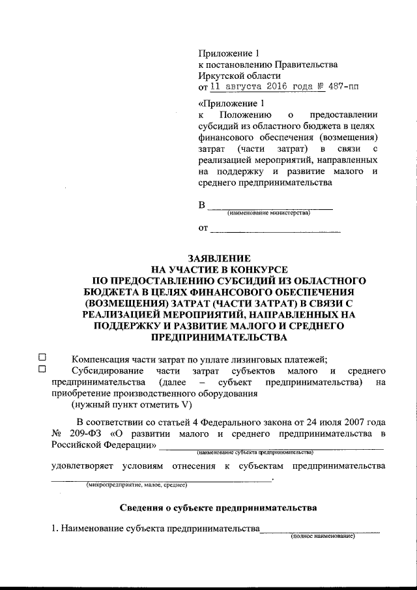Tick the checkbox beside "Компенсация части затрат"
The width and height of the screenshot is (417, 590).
[x=42, y=357]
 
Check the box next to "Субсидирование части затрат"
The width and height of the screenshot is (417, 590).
[x=42, y=370]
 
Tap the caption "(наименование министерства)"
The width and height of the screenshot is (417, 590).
[x=268, y=213]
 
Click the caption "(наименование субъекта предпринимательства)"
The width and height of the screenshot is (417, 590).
[x=255, y=451]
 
